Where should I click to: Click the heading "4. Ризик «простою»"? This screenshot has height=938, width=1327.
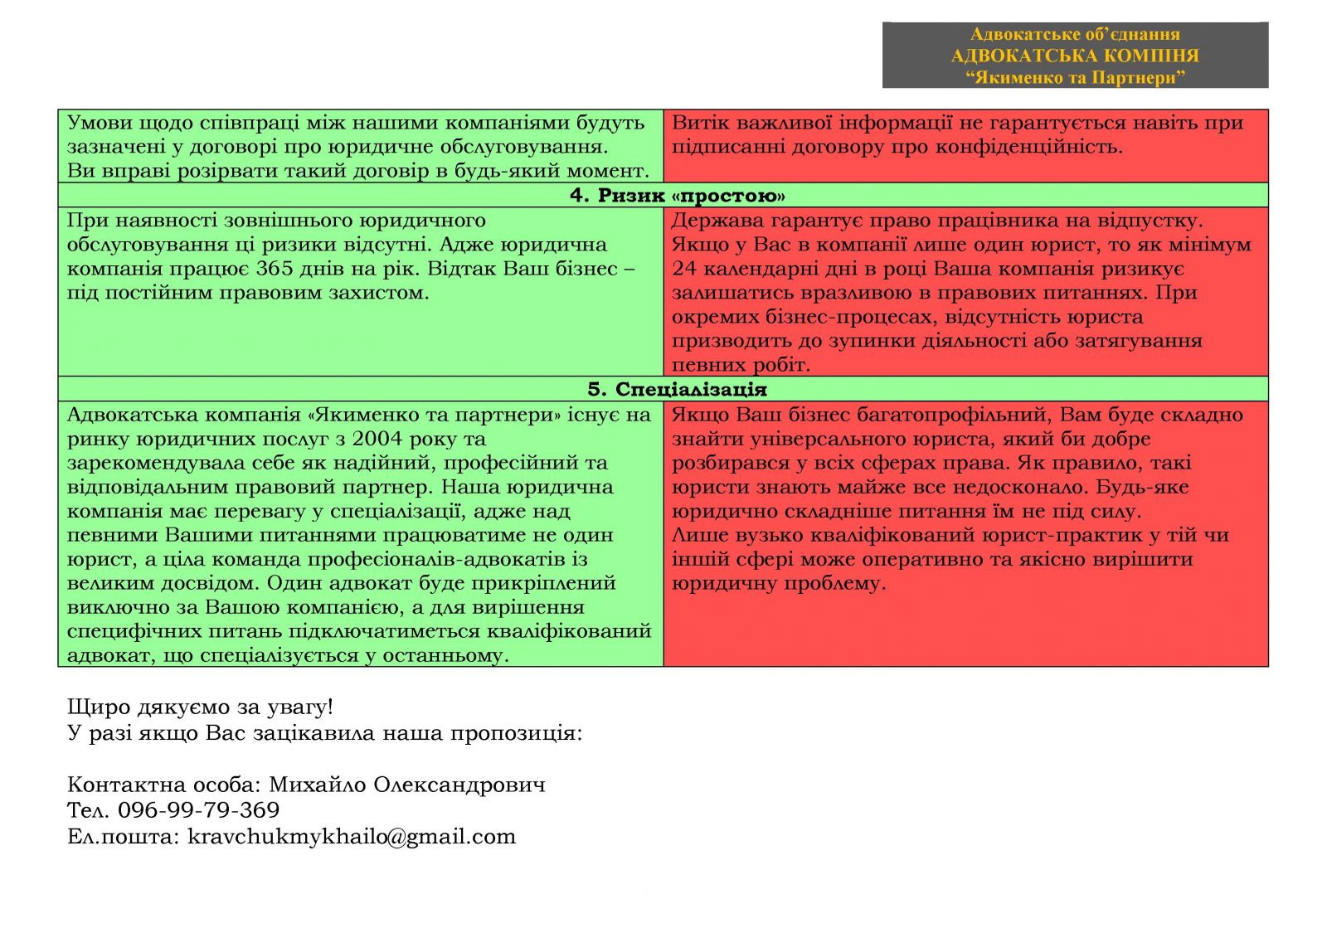(x=677, y=196)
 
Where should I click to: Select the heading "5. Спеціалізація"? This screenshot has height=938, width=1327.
(x=677, y=390)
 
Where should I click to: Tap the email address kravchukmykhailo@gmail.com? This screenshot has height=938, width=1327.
(x=352, y=836)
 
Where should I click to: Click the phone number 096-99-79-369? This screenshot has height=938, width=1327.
(x=198, y=810)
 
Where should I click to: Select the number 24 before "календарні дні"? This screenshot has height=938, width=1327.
(x=684, y=269)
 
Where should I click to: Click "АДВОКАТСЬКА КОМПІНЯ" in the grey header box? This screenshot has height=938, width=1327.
(x=1075, y=56)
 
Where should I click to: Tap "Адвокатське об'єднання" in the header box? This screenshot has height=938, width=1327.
(x=1075, y=34)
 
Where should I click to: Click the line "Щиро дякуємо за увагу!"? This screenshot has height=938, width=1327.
(x=200, y=707)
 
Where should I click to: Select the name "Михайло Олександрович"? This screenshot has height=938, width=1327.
(x=407, y=785)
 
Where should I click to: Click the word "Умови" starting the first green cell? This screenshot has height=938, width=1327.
(x=99, y=124)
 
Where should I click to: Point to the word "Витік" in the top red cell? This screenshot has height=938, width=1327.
(x=698, y=124)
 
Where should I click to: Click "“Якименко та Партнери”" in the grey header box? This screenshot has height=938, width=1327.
(x=1075, y=78)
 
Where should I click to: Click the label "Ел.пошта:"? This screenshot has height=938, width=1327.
(x=123, y=836)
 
